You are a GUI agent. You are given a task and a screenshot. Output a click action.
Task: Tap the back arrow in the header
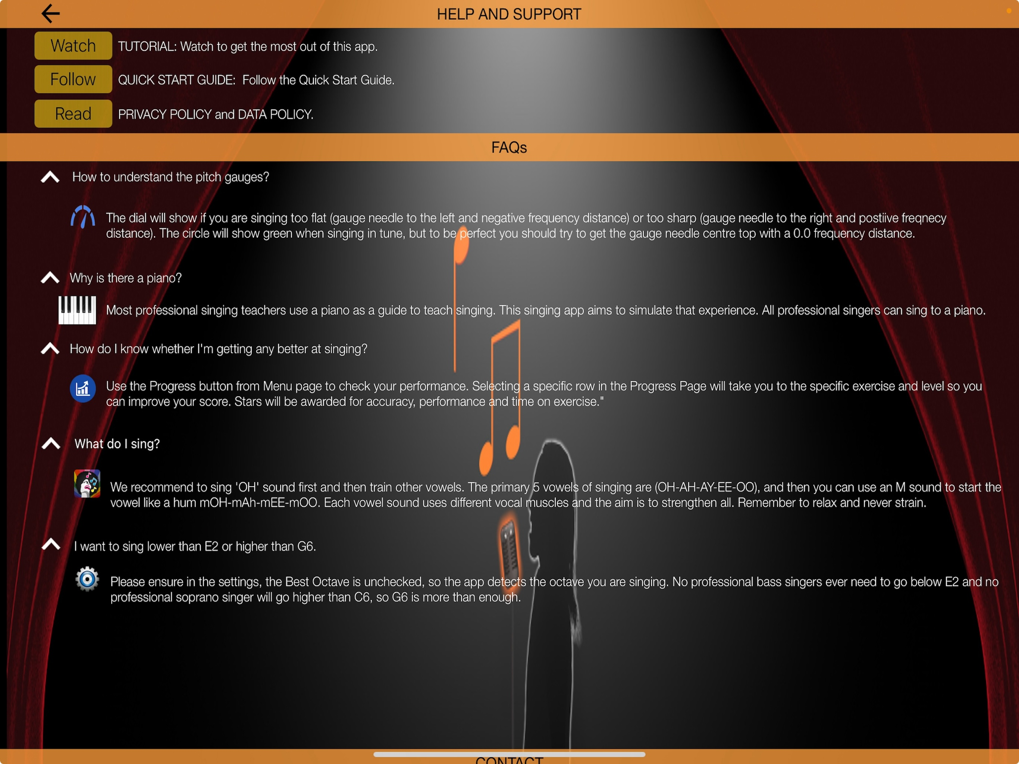[51, 13]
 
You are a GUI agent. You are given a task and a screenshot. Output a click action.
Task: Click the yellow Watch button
[73, 46]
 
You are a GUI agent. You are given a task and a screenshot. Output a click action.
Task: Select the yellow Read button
[73, 113]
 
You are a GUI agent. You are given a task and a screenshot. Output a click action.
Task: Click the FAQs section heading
[509, 147]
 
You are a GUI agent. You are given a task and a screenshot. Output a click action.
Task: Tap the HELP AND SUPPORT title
[509, 14]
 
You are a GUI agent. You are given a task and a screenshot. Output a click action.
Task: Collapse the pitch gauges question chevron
[50, 177]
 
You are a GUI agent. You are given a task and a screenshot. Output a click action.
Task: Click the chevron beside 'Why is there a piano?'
[50, 278]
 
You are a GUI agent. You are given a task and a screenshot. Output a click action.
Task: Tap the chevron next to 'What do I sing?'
[51, 443]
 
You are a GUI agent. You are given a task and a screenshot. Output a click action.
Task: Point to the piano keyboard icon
[77, 310]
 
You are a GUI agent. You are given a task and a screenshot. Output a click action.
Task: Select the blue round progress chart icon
[83, 388]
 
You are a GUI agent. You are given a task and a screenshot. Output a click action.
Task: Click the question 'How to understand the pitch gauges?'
[171, 177]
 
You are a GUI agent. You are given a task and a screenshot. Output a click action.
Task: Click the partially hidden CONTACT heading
[509, 760]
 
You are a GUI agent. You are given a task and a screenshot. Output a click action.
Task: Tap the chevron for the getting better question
[50, 348]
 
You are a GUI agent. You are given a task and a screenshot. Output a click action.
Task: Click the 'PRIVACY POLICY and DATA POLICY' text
[216, 114]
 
